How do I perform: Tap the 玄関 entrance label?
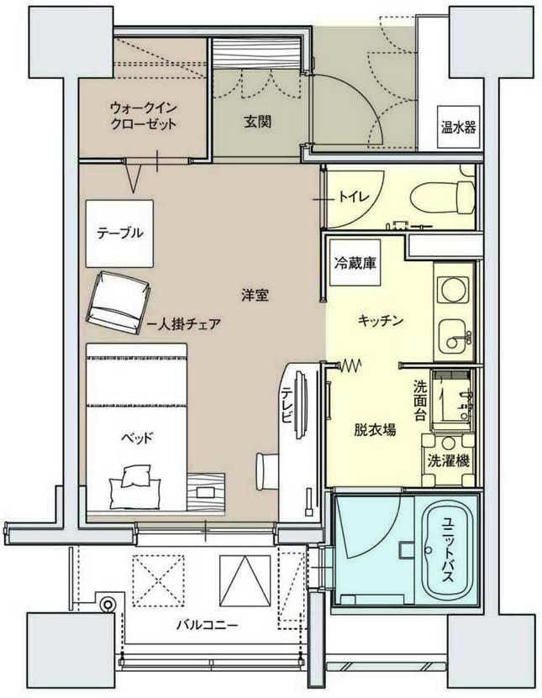(x=257, y=121)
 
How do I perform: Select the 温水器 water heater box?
(x=458, y=128)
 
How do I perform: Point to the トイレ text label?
(x=354, y=199)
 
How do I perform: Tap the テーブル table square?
(x=119, y=233)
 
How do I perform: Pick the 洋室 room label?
(x=255, y=295)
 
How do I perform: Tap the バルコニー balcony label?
(x=207, y=624)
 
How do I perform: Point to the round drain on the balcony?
(x=106, y=602)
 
